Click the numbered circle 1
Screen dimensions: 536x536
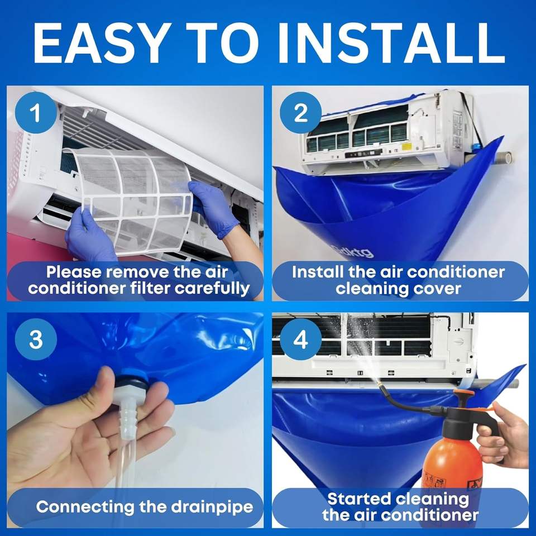[36, 112]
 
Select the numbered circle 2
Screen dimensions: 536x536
[300, 112]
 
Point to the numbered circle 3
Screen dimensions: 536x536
[36, 339]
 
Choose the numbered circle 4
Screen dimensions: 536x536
[300, 339]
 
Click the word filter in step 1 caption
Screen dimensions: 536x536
[151, 288]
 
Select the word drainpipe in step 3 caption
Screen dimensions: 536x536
[212, 507]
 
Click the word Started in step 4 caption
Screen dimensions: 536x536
[359, 499]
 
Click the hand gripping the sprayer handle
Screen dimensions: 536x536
[505, 436]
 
